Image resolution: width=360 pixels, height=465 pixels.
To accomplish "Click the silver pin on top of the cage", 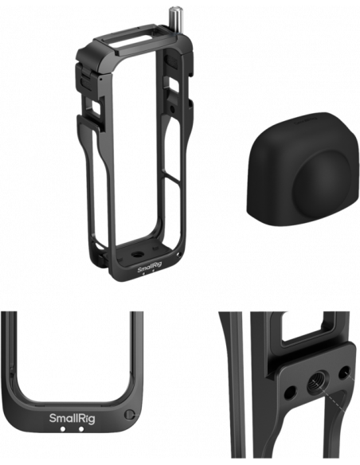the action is [x=173, y=20].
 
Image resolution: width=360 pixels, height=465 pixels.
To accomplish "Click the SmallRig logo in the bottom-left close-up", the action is [x=72, y=419].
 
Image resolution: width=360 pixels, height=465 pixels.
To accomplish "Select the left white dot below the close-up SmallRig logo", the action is [x=63, y=429].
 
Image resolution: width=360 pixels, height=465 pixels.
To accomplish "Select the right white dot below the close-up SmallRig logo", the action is [x=81, y=429].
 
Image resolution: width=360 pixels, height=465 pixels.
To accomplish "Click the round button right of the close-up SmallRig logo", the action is [x=128, y=415].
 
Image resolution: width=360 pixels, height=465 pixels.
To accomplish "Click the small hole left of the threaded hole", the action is [x=290, y=393].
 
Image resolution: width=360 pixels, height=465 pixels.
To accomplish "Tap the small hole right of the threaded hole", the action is [x=344, y=373].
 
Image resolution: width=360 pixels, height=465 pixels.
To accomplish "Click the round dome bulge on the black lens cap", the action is [x=323, y=181].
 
